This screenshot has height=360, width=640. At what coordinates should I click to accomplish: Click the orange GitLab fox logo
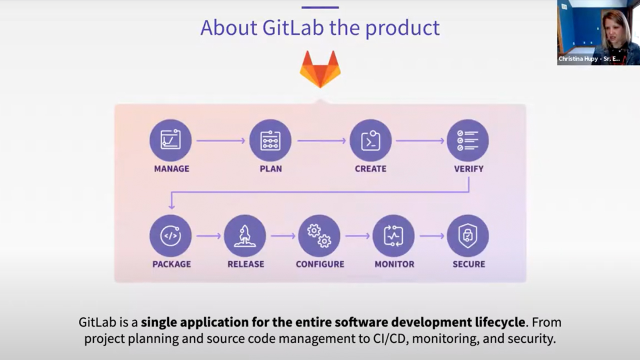(x=320, y=69)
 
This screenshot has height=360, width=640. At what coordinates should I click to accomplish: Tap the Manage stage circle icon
(x=170, y=140)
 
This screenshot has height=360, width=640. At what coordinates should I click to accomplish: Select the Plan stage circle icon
(x=270, y=140)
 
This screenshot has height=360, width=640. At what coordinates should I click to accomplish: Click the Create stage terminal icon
(x=370, y=140)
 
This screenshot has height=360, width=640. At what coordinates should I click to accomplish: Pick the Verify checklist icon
(x=467, y=140)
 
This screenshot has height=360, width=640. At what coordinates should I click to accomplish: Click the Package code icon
(x=170, y=235)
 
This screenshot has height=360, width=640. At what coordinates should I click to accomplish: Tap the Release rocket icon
(x=245, y=235)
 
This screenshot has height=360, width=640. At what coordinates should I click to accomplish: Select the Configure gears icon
(x=319, y=235)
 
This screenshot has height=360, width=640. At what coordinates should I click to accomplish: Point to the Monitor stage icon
(x=393, y=235)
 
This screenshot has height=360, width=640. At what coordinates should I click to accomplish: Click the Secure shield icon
(x=467, y=235)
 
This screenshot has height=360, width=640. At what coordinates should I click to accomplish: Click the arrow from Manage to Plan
(x=220, y=140)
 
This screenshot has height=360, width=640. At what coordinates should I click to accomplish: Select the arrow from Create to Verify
(x=420, y=140)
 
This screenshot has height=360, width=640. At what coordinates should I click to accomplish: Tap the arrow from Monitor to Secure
(x=432, y=236)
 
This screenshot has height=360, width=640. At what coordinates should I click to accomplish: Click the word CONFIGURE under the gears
(x=320, y=264)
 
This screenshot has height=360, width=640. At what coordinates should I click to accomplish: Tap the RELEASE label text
(x=245, y=264)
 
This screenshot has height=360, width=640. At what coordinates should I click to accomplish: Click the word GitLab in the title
(x=293, y=27)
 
